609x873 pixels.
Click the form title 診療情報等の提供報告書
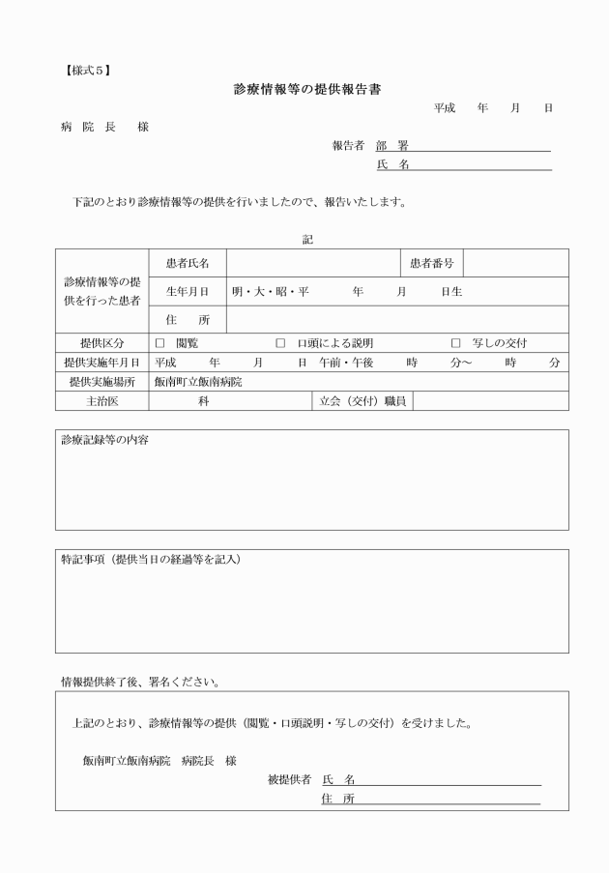coord(306,89)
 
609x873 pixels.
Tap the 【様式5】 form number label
coord(88,69)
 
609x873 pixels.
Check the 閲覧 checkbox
coord(160,343)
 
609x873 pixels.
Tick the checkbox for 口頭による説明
coord(281,343)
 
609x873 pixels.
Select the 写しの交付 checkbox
coord(456,343)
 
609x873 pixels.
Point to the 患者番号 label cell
coord(431,263)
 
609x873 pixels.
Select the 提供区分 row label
coord(101,343)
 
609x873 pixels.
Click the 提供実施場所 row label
coord(101,382)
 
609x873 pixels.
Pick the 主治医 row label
coord(101,400)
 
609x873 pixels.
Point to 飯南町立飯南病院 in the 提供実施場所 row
coord(198,382)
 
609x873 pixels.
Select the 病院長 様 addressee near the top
coord(104,127)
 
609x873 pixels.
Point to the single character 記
coord(307,239)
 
